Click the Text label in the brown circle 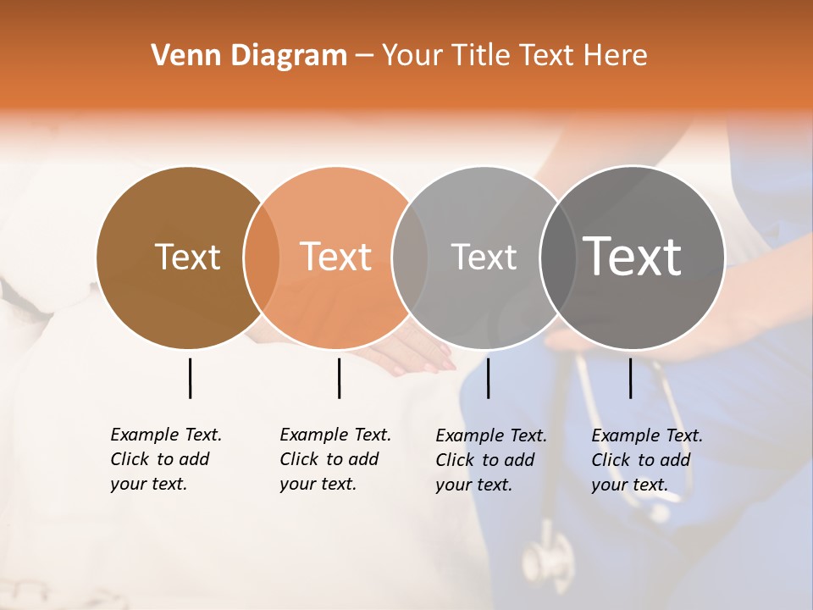click(x=187, y=257)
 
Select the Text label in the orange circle click(x=335, y=257)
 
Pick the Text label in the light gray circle click(x=484, y=257)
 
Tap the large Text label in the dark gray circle click(x=633, y=257)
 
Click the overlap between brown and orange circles click(x=262, y=258)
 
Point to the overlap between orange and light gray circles click(x=410, y=258)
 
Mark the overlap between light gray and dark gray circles click(x=558, y=258)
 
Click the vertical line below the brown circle click(x=190, y=378)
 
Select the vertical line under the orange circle click(x=339, y=378)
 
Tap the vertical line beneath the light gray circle click(x=488, y=378)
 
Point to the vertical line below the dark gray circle click(x=630, y=378)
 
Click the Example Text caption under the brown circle click(x=165, y=459)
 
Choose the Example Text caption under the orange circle click(x=335, y=459)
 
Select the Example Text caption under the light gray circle click(x=490, y=460)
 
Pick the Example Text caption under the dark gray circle click(x=646, y=460)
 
